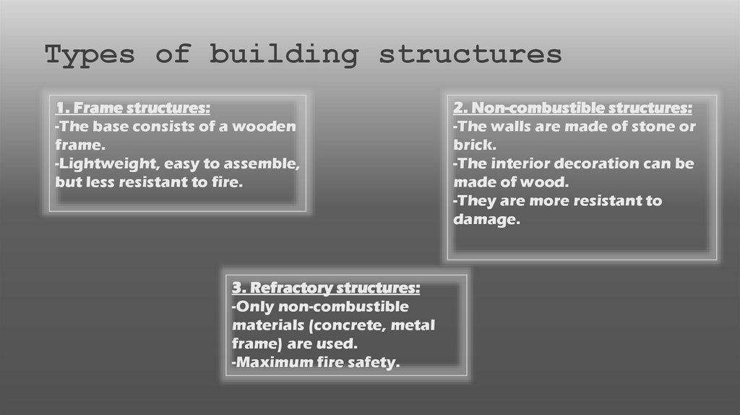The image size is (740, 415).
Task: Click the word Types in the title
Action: (x=90, y=56)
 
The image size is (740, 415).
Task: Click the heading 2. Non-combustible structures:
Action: (x=572, y=108)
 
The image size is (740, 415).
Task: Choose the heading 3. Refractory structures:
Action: (x=325, y=288)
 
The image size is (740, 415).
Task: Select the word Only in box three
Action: (x=252, y=307)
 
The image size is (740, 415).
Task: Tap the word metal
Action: (x=413, y=325)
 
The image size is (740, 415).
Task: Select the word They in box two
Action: (x=475, y=201)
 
